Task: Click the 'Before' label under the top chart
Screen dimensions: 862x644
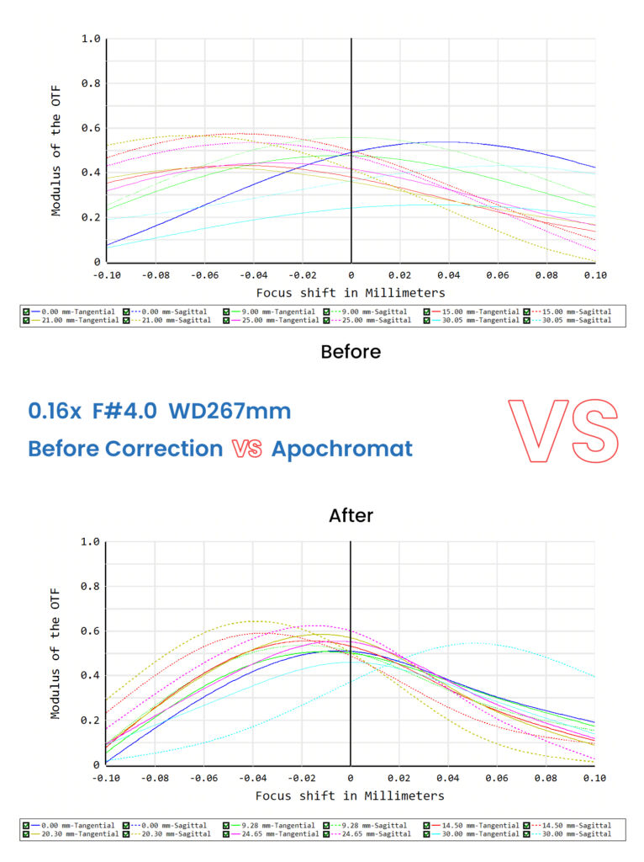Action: pos(351,352)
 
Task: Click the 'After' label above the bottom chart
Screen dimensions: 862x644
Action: pos(351,514)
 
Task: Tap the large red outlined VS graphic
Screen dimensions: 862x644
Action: pos(562,432)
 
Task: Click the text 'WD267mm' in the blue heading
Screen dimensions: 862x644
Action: pos(230,412)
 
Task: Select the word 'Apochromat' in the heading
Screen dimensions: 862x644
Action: pos(341,449)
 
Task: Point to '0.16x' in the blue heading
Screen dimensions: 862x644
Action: pos(55,412)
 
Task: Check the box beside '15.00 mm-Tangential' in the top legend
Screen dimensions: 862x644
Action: pos(427,311)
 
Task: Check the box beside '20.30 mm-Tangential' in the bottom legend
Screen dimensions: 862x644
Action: pos(27,834)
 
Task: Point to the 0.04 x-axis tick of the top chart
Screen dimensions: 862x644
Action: pos(448,275)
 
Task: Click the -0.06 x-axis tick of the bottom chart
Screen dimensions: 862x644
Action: pos(203,779)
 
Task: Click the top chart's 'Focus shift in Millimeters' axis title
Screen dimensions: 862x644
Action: pos(351,293)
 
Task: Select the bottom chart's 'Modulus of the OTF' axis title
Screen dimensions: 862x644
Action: pos(56,653)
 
